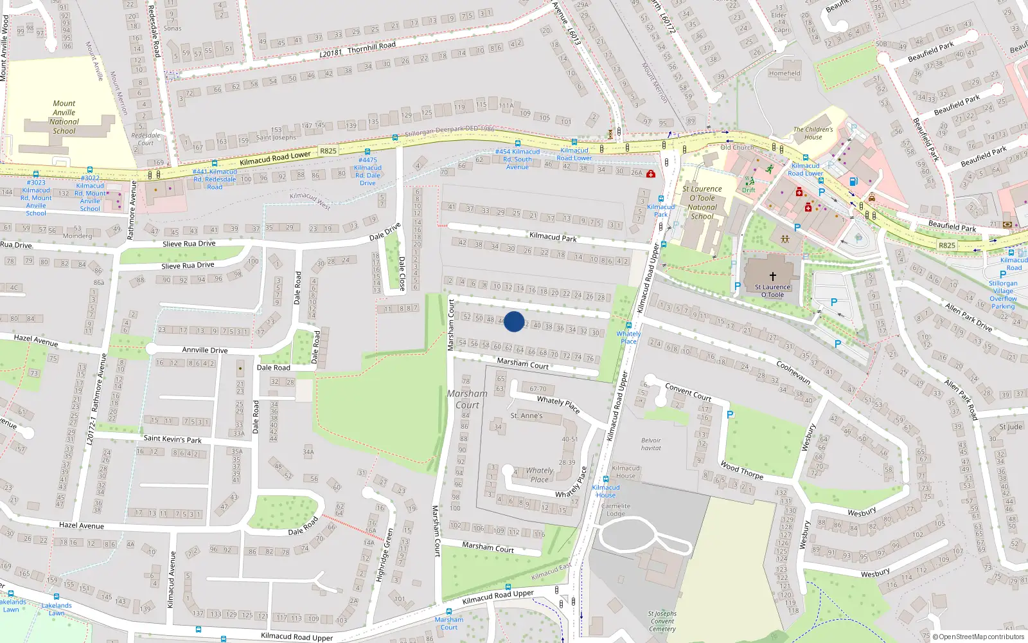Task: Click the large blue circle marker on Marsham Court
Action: (x=514, y=321)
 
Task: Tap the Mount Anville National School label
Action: (x=64, y=117)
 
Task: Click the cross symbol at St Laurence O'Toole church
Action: (x=773, y=276)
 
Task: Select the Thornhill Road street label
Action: (x=371, y=47)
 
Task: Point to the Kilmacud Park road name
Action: (x=553, y=237)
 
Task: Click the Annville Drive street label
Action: (x=204, y=350)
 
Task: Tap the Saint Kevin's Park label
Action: (x=172, y=439)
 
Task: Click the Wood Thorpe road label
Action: (x=741, y=470)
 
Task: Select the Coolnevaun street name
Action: (x=793, y=373)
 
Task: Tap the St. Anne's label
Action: (x=526, y=416)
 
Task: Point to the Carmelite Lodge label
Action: (x=616, y=510)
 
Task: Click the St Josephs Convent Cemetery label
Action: (x=662, y=621)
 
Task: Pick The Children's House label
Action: (x=813, y=133)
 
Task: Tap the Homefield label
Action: (x=784, y=73)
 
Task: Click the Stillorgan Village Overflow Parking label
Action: (x=1003, y=294)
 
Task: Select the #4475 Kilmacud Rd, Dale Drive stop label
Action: (x=368, y=172)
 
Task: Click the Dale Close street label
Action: (x=402, y=273)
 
